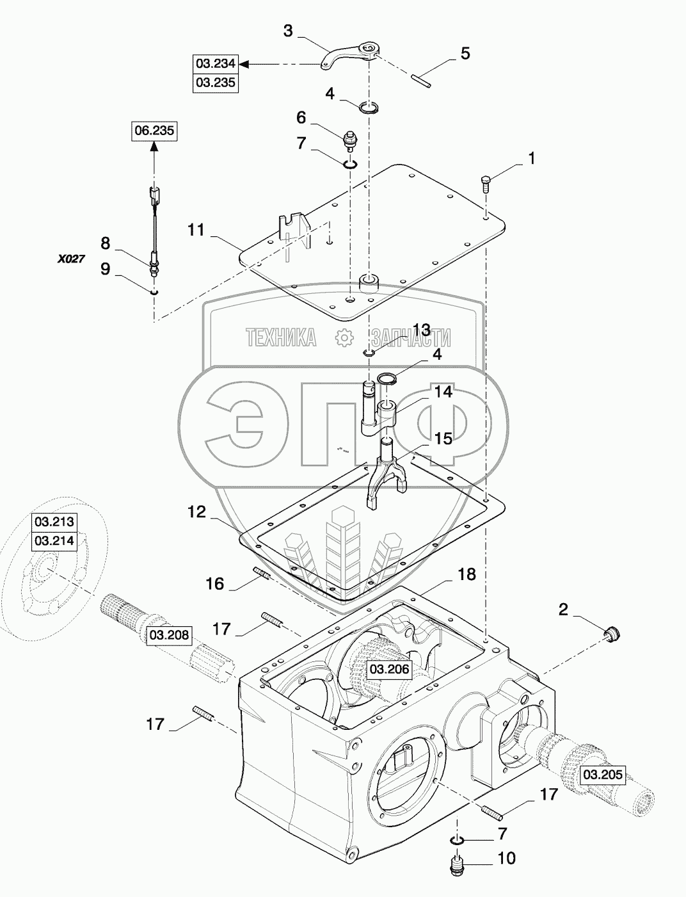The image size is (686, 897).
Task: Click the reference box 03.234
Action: click(x=216, y=64)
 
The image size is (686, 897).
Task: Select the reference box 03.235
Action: click(x=216, y=83)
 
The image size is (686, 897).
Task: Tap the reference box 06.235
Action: click(x=154, y=131)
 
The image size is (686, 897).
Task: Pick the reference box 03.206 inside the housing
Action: click(x=389, y=669)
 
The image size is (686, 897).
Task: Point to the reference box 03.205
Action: click(x=603, y=775)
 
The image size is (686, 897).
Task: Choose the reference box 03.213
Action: click(x=54, y=521)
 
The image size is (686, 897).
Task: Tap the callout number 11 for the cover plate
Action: click(x=196, y=230)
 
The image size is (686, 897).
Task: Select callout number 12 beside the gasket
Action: click(x=197, y=512)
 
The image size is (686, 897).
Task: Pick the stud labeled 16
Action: click(x=262, y=573)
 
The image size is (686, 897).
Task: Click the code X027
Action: click(x=70, y=259)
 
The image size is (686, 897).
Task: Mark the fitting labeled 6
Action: click(x=349, y=141)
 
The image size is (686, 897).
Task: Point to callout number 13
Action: click(x=422, y=329)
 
